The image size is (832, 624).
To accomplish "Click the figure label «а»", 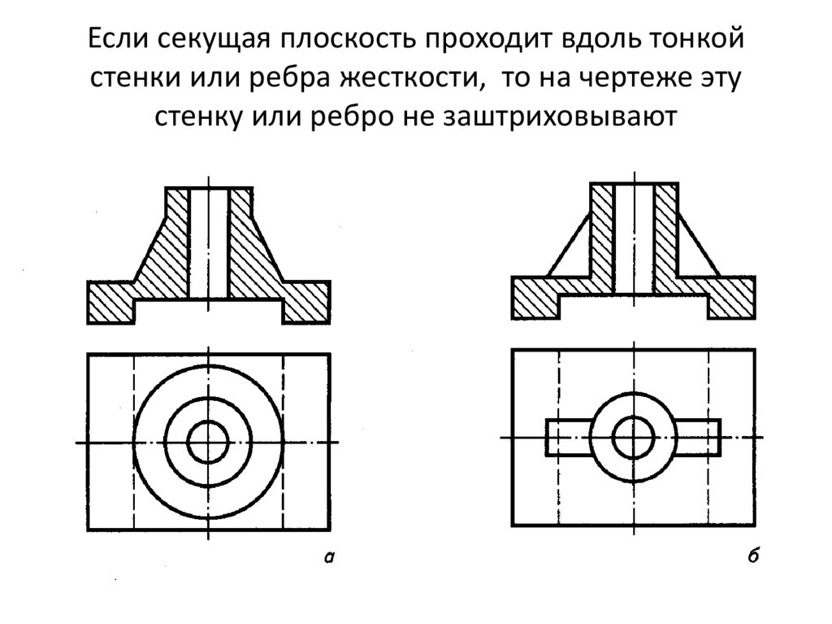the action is (x=328, y=556).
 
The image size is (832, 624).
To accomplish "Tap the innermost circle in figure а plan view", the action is (x=208, y=443).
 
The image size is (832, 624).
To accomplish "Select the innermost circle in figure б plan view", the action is (x=633, y=439).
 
